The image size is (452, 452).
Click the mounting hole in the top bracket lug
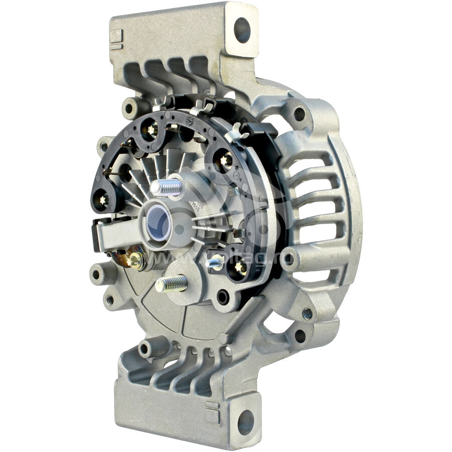pyautogui.click(x=242, y=30)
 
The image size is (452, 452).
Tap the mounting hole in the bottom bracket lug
pyautogui.click(x=246, y=422)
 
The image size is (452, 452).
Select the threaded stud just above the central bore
pyautogui.click(x=166, y=187)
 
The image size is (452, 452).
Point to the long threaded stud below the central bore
pyautogui.click(x=171, y=284)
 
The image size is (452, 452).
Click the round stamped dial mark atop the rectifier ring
pyautogui.click(x=189, y=121)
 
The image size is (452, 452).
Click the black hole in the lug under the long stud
pyautogui.click(x=221, y=297)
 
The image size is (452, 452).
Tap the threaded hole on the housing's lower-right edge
pyautogui.click(x=307, y=313)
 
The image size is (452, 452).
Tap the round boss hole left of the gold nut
pyautogui.click(x=96, y=275)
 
